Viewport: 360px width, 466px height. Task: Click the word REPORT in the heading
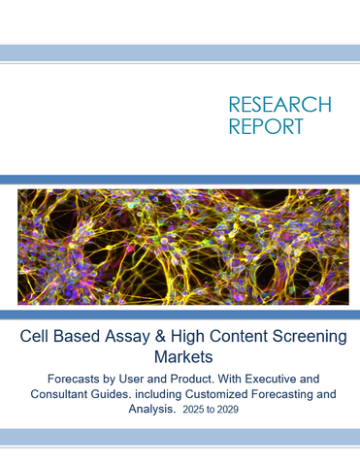click(x=265, y=126)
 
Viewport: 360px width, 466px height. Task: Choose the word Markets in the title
click(x=180, y=359)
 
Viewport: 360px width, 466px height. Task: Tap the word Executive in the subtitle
click(x=278, y=380)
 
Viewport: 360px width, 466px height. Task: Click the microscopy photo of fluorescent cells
click(x=180, y=247)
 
